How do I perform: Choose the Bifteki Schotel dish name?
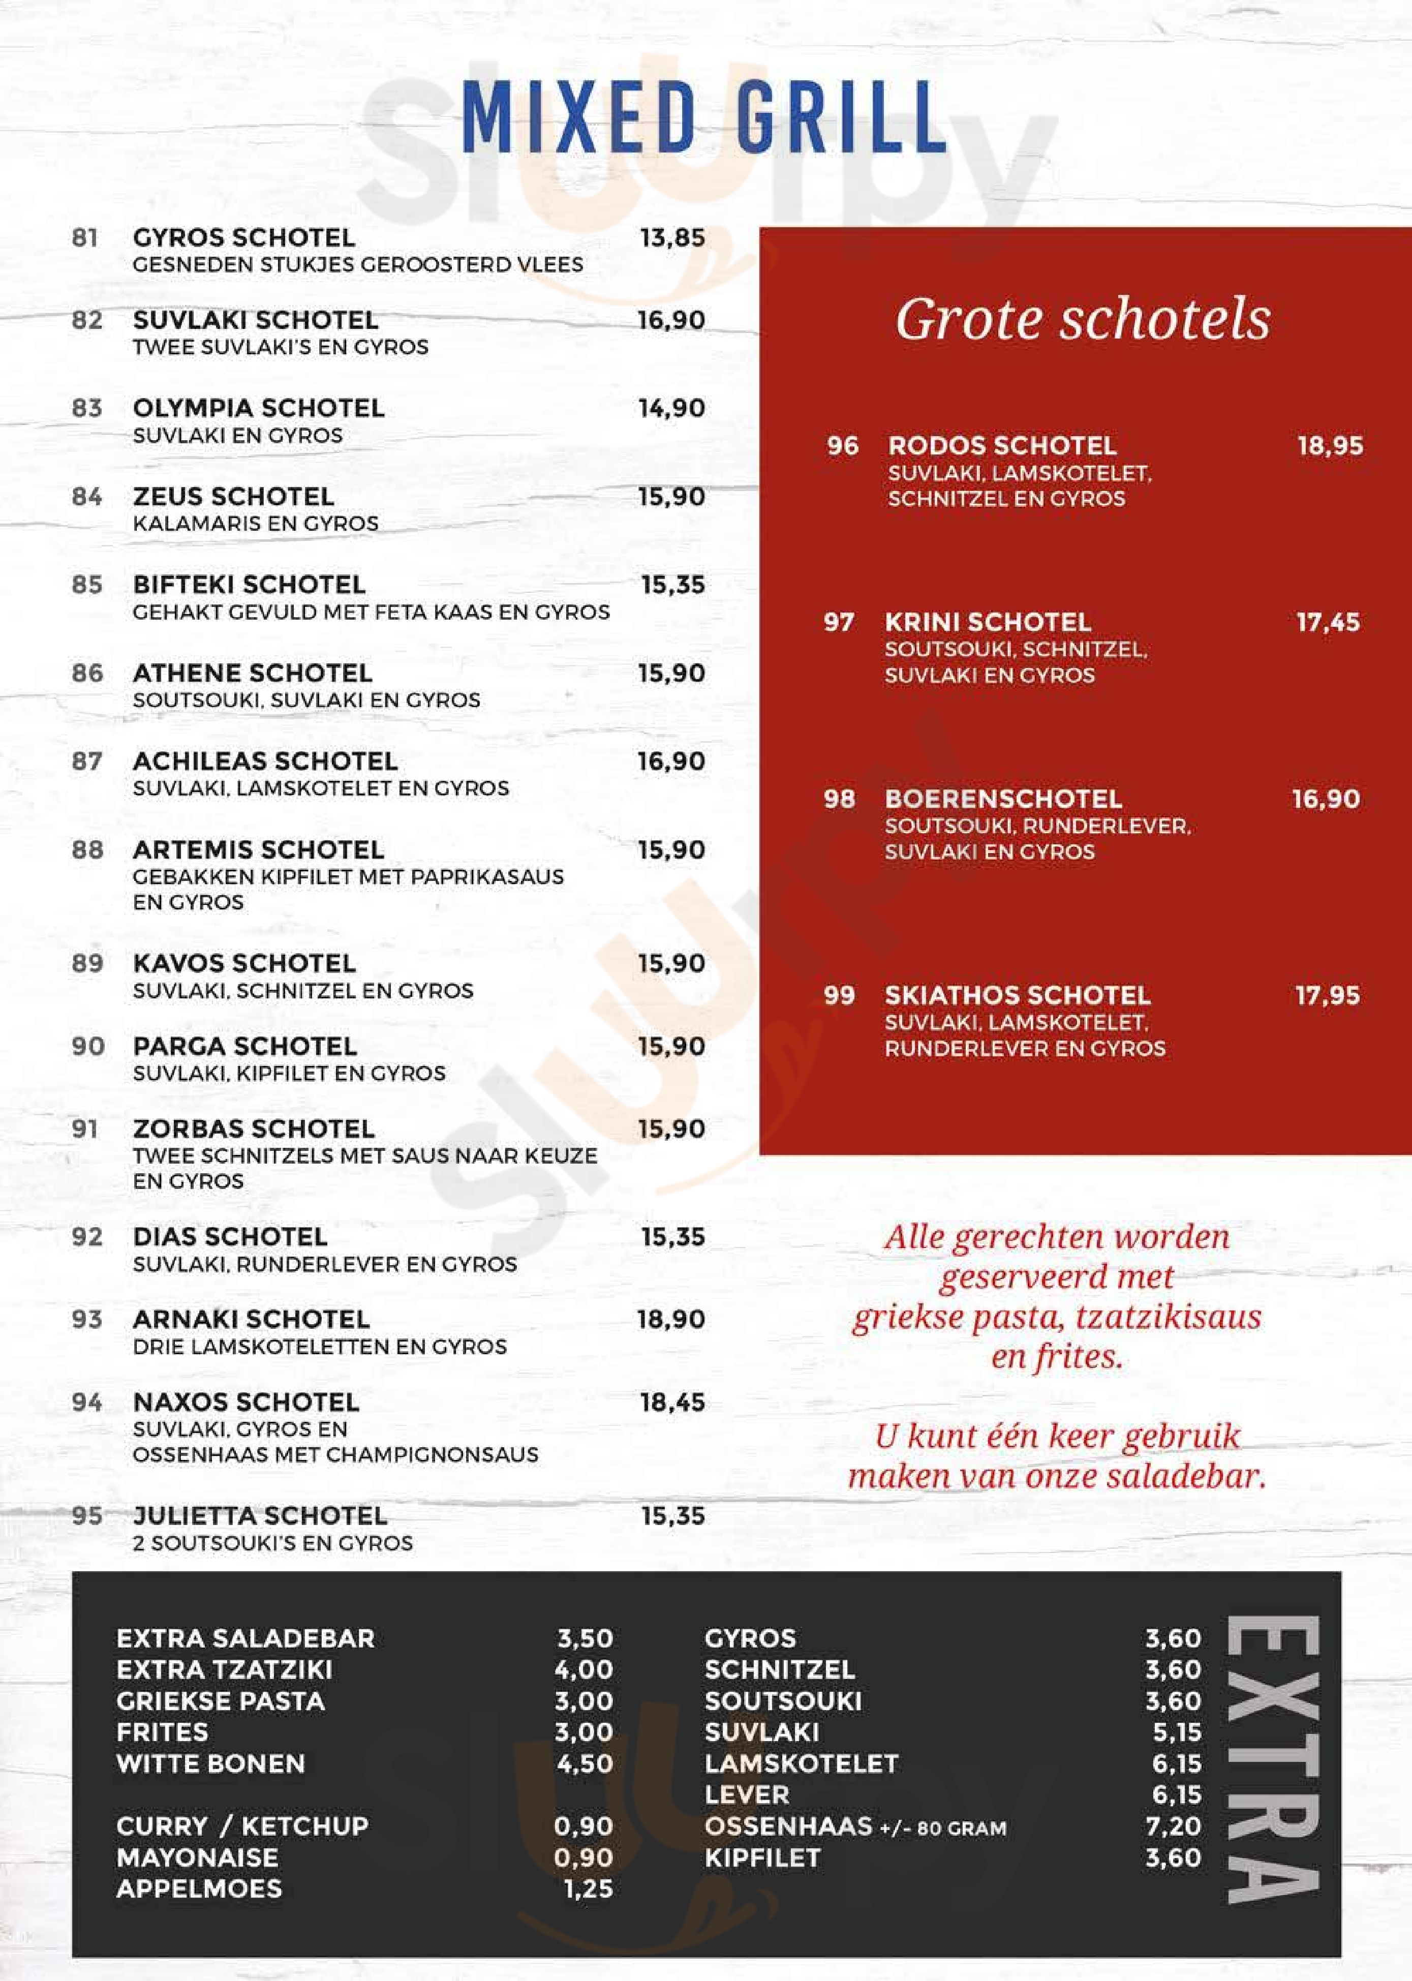pyautogui.click(x=249, y=585)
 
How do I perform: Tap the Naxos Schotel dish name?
pyautogui.click(x=246, y=1402)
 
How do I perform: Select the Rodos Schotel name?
pyautogui.click(x=1002, y=446)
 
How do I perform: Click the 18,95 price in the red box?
pyautogui.click(x=1330, y=446)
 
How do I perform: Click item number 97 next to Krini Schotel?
pyautogui.click(x=839, y=623)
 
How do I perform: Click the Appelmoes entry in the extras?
pyautogui.click(x=199, y=1889)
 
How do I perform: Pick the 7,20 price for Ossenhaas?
pyautogui.click(x=1173, y=1826)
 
